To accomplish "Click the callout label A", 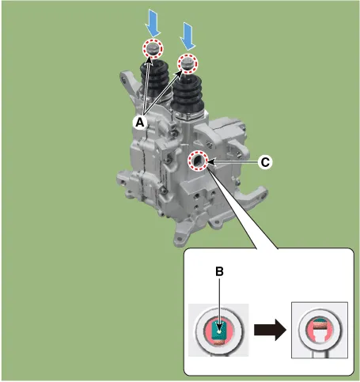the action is (x=140, y=122).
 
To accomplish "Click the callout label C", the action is (x=265, y=162).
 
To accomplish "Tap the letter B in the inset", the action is (x=219, y=271).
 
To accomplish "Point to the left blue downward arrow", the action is (x=153, y=23).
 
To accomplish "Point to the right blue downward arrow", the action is (x=188, y=36).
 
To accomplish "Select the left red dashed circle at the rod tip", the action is (x=153, y=49).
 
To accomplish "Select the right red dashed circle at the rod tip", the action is (x=188, y=64).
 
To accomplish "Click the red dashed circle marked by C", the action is (x=198, y=161).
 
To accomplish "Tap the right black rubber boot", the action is (x=188, y=94).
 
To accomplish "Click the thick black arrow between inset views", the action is (x=270, y=330).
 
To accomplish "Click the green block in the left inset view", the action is (x=218, y=331).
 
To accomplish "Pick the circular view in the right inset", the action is (x=320, y=330).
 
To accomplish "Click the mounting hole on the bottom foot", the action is (x=180, y=239).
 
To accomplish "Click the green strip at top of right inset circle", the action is (x=320, y=321).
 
